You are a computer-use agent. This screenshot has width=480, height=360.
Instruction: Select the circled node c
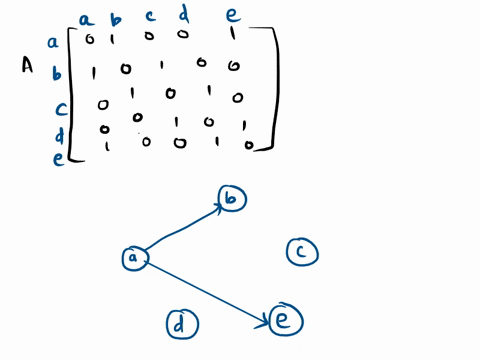pyautogui.click(x=301, y=252)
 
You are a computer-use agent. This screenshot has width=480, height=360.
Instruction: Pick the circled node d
pyautogui.click(x=180, y=323)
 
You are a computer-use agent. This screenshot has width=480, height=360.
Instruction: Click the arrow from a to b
pyautogui.click(x=185, y=226)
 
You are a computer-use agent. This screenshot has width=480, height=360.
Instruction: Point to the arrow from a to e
pyautogui.click(x=210, y=291)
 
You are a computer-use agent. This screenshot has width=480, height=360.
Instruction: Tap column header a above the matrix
pyautogui.click(x=87, y=17)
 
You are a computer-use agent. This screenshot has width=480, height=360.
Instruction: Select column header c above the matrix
pyautogui.click(x=150, y=16)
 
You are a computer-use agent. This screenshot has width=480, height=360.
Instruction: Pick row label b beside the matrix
pyautogui.click(x=57, y=73)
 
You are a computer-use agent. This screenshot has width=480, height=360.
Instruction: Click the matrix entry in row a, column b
pyautogui.click(x=114, y=39)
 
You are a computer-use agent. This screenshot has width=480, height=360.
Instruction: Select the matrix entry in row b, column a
pyautogui.click(x=93, y=72)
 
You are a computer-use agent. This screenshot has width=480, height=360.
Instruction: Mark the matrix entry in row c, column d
pyautogui.click(x=208, y=92)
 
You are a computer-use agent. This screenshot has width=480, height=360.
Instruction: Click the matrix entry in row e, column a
pyautogui.click(x=106, y=146)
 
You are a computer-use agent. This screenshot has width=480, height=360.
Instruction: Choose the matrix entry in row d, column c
pyautogui.click(x=176, y=122)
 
